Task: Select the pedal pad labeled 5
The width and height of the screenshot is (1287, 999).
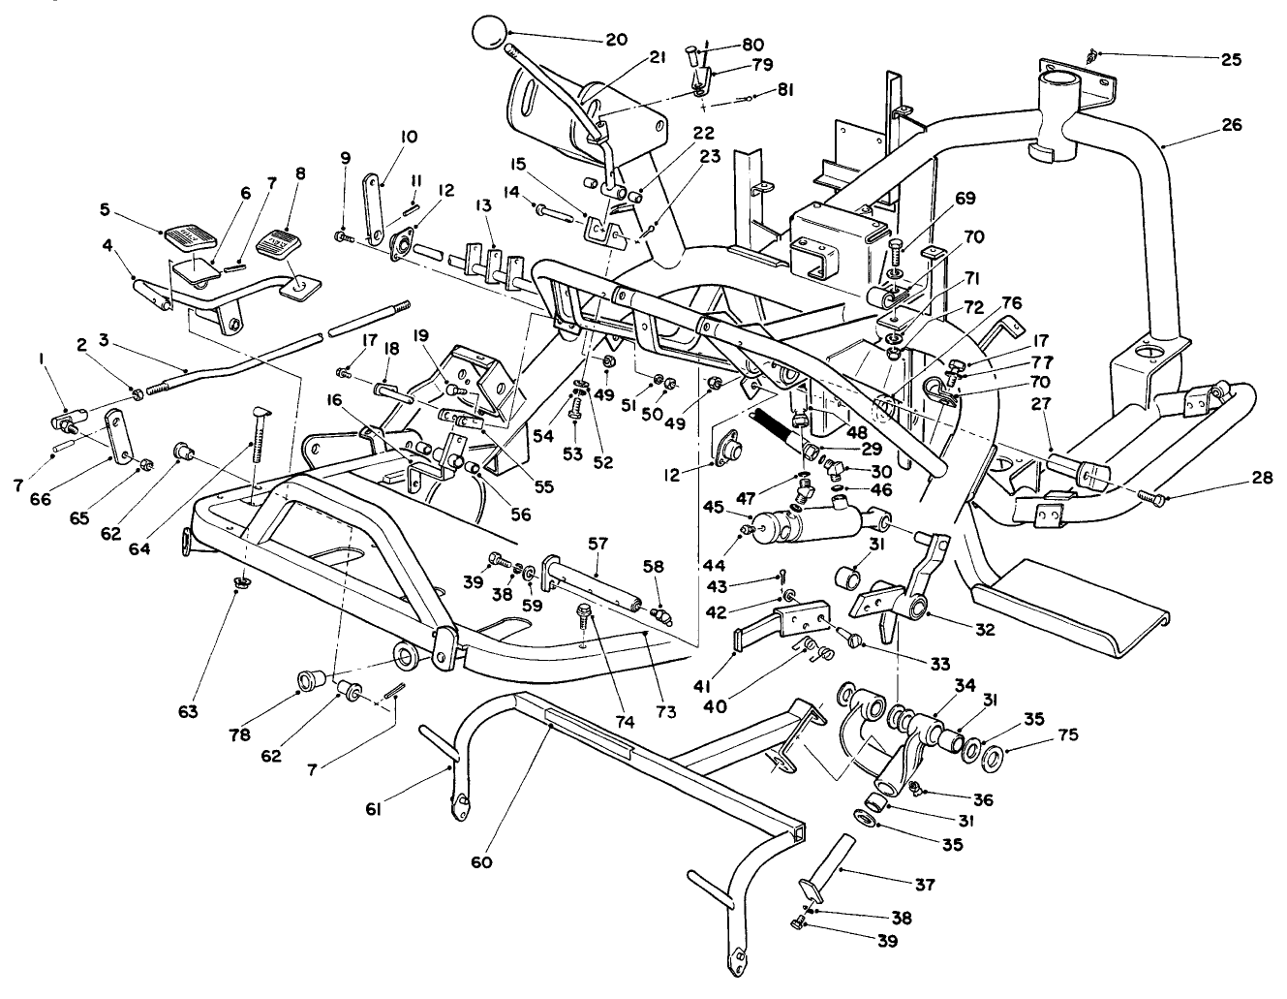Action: point(190,236)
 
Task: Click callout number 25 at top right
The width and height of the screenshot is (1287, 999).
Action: point(1230,59)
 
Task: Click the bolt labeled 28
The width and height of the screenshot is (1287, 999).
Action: point(1151,497)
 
